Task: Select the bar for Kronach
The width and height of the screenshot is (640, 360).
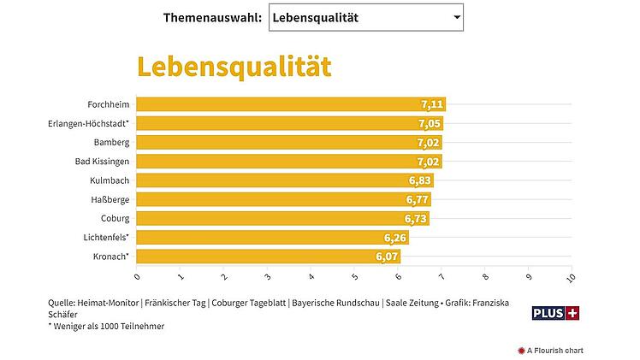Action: [x=257, y=257]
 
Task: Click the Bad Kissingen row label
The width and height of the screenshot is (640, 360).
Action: [x=103, y=161]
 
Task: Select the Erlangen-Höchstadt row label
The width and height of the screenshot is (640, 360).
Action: [x=89, y=123]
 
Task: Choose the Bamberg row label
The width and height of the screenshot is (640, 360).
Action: [x=111, y=142]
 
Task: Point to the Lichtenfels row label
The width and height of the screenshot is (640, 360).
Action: [x=104, y=237]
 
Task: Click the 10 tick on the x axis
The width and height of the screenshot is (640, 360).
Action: [x=572, y=278]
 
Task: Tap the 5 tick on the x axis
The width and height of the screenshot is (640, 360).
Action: [x=354, y=276]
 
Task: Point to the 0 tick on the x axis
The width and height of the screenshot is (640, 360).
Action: [x=137, y=276]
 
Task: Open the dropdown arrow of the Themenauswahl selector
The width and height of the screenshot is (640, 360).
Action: [x=457, y=17]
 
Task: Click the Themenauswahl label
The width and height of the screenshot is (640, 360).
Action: [x=212, y=17]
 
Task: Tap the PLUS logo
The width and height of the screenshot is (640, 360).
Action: [x=556, y=314]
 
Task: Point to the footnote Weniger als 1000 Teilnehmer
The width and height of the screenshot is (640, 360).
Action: [x=107, y=326]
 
